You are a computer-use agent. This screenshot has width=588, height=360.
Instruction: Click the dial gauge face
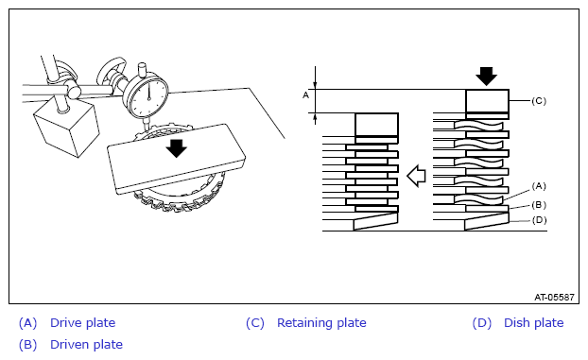[x=148, y=96]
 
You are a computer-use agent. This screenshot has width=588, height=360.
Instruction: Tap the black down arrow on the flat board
[x=176, y=148]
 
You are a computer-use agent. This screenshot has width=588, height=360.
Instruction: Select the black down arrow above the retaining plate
[x=486, y=77]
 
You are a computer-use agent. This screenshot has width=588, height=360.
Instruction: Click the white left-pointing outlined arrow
[x=416, y=176]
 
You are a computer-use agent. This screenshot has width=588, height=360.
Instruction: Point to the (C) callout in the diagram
[x=539, y=101]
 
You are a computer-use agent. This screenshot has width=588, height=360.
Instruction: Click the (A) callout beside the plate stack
[x=539, y=186]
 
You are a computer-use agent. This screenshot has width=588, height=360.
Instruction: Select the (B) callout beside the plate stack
[x=539, y=205]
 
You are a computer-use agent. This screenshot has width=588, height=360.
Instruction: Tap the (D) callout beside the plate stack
[x=539, y=220]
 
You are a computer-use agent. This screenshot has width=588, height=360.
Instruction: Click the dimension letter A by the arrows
[x=306, y=95]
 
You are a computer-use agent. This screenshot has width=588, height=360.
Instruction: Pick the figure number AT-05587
[x=554, y=298]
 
